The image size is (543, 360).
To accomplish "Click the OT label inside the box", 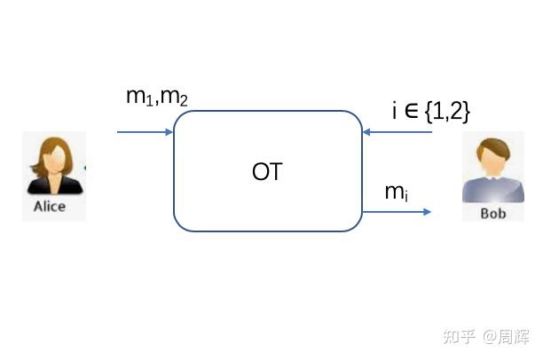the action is [267, 171].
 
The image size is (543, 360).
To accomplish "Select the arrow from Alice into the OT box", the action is [145, 133].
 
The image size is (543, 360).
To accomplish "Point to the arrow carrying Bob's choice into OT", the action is [397, 133].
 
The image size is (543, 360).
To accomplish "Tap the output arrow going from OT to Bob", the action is [397, 212].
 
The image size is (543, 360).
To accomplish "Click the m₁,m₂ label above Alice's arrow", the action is [156, 97].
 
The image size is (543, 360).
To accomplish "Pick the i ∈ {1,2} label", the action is [430, 111].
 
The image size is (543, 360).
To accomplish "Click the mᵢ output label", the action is [396, 192].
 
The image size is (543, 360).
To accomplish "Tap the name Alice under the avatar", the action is [50, 206].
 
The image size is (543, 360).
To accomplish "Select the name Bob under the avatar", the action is [492, 214].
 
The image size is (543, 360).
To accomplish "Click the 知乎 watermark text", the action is [462, 338].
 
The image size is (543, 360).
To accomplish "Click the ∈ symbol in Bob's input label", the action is [411, 111].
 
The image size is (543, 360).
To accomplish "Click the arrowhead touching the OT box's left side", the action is [168, 133].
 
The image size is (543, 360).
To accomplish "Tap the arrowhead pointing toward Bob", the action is [427, 212].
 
